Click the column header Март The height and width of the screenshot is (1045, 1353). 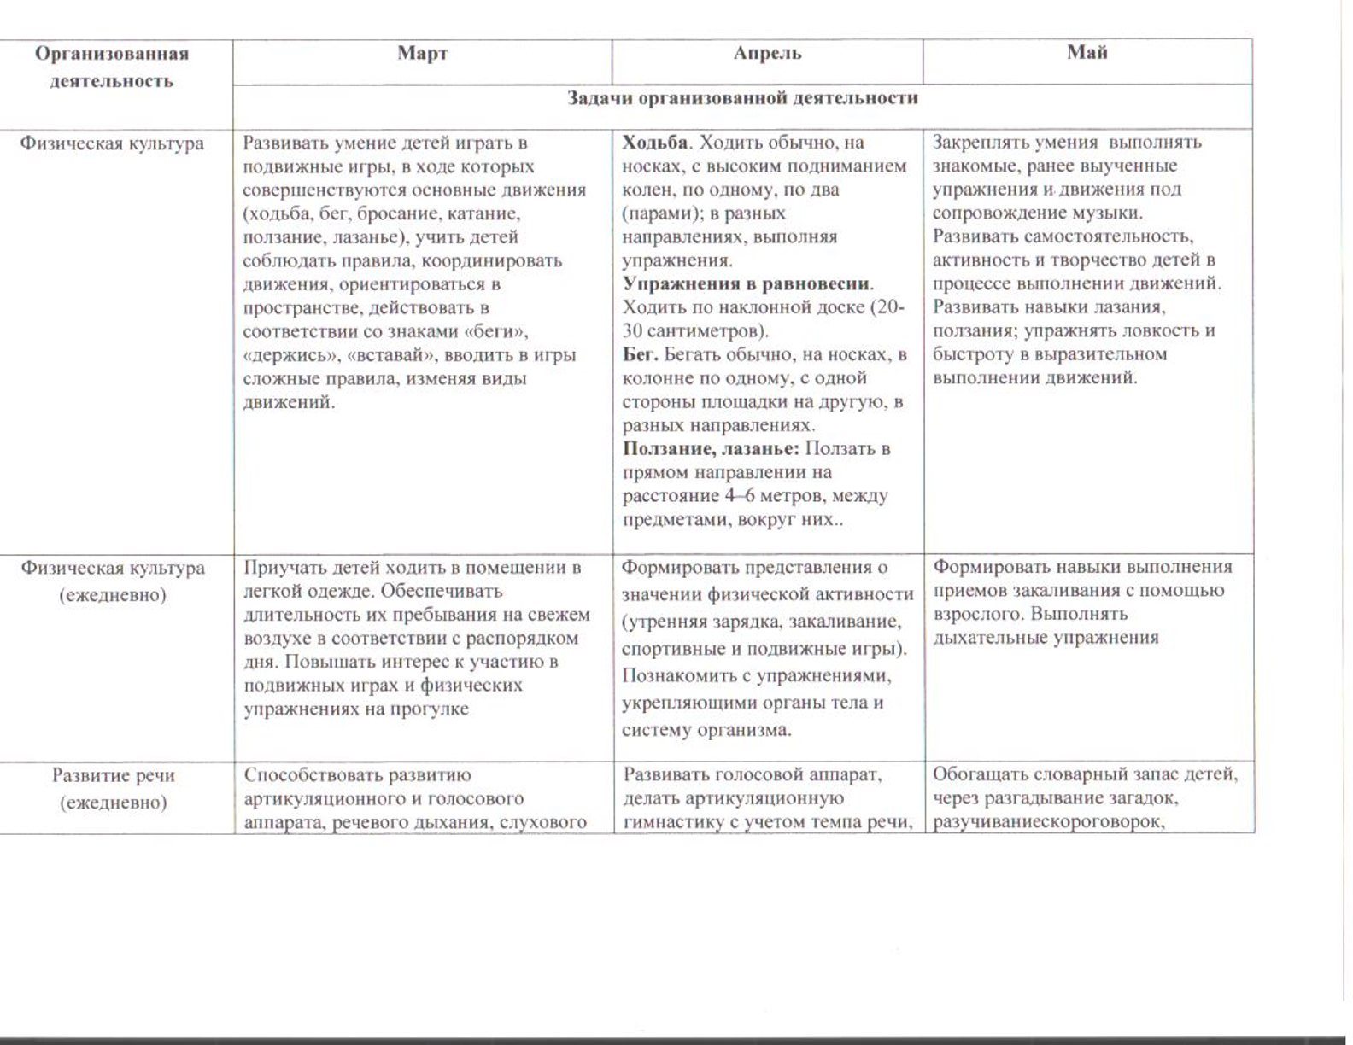click(x=422, y=54)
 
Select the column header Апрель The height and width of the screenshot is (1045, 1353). click(x=767, y=53)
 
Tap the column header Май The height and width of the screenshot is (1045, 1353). click(x=1086, y=52)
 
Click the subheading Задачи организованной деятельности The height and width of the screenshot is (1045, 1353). click(x=742, y=98)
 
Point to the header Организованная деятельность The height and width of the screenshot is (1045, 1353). click(x=112, y=67)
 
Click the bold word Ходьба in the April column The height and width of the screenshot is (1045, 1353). click(x=654, y=142)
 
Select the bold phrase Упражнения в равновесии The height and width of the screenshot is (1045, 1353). click(x=747, y=283)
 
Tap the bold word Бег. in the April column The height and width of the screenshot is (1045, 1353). click(x=641, y=354)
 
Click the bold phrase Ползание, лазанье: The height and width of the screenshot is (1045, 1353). click(x=712, y=448)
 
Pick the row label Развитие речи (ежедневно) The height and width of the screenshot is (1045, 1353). click(x=113, y=788)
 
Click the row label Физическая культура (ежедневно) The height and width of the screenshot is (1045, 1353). click(x=113, y=581)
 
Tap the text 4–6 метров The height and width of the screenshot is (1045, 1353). click(x=771, y=496)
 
